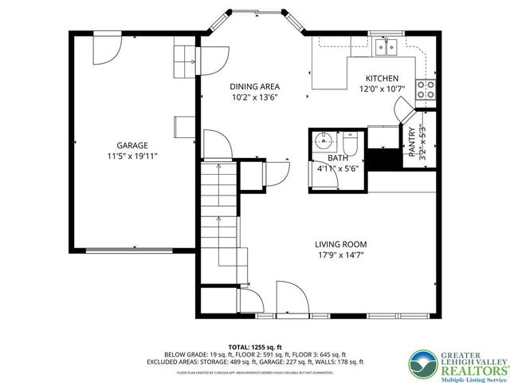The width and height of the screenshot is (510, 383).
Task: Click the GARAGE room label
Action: click(x=132, y=145)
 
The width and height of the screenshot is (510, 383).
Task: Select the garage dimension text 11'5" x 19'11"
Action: click(x=132, y=156)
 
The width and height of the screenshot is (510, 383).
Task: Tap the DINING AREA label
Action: click(x=255, y=87)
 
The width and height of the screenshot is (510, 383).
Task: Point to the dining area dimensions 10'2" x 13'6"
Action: click(x=255, y=98)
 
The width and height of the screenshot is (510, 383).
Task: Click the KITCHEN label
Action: click(x=382, y=77)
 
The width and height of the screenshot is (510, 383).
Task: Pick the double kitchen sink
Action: click(x=387, y=47)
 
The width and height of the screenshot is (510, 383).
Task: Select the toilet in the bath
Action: click(x=350, y=145)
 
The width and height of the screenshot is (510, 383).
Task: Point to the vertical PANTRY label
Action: click(x=412, y=144)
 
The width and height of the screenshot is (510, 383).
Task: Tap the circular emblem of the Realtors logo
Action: click(x=422, y=364)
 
